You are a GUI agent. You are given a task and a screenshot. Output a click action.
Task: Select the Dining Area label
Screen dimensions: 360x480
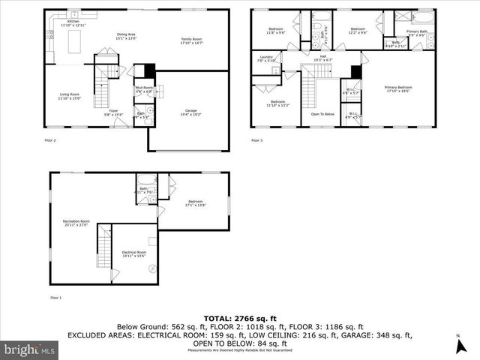click(x=126, y=36)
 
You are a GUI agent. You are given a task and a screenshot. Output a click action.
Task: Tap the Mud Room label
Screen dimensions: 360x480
click(x=143, y=89)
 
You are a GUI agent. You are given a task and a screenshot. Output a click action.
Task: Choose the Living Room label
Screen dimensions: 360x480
click(x=70, y=96)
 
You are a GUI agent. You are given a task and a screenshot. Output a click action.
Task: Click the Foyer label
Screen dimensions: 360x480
click(x=113, y=112)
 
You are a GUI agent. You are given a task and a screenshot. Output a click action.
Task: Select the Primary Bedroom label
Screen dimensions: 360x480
click(x=398, y=89)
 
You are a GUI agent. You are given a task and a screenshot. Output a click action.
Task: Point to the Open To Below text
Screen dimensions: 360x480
click(x=323, y=114)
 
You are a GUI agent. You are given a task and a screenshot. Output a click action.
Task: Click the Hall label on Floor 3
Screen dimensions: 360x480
click(x=322, y=57)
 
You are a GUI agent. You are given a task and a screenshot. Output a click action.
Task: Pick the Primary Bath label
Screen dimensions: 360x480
click(x=417, y=32)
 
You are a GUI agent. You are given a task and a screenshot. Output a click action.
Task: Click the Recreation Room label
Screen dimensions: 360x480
click(x=76, y=223)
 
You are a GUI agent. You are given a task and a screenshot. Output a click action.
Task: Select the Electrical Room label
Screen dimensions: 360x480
click(x=134, y=253)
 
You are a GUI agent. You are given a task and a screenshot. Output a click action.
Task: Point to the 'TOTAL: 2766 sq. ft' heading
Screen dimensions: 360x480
click(x=239, y=319)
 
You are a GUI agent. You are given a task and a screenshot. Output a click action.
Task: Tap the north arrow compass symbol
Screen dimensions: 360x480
click(x=459, y=345)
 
